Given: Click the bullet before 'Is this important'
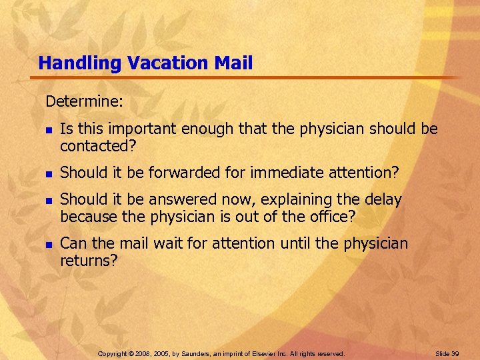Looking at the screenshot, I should click(48, 129).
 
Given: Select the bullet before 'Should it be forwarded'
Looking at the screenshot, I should click(48, 173).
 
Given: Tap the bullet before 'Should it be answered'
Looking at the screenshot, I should click(48, 200).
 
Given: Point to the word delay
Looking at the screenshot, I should click(382, 199).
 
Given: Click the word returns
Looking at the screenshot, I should click(88, 261).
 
